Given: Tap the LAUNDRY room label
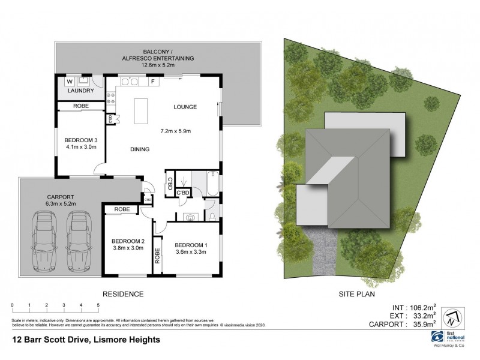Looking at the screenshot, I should [80, 91].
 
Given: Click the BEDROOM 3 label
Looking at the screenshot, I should [80, 142].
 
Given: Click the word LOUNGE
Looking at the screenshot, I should [185, 107].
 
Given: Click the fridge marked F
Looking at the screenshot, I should [154, 81].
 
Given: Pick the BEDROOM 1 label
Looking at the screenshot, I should [191, 245].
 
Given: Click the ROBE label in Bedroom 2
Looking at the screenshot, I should [121, 209].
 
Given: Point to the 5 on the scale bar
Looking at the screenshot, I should [98, 305].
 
